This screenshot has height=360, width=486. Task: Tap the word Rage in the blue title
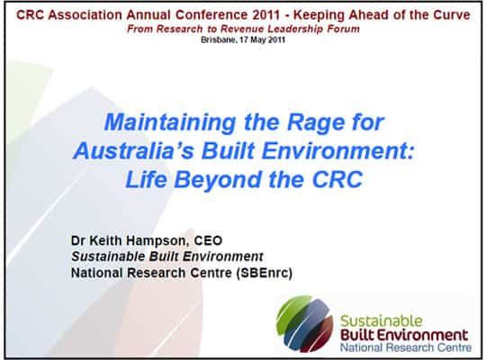pos(316,122)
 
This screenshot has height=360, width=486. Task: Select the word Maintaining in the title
pos(170,122)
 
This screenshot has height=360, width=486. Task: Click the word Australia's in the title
pos(133,151)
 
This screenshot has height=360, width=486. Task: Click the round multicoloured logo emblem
pos(304,323)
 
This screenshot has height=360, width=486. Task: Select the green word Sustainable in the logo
pos(382,321)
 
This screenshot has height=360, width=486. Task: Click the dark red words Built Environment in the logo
pos(404,335)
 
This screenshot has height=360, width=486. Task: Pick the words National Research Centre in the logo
pos(406,347)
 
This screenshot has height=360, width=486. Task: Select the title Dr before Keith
pos(77,240)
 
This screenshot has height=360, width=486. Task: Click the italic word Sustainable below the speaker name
pos(108,256)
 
